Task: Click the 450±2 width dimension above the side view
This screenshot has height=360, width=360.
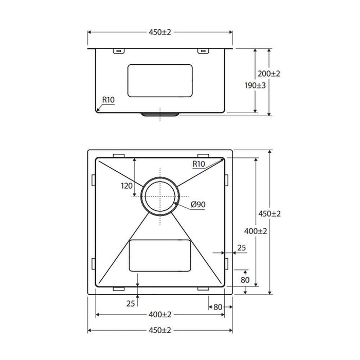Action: (x=159, y=32)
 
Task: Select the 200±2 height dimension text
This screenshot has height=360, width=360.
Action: (x=269, y=74)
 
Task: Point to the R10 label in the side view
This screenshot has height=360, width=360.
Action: (x=107, y=99)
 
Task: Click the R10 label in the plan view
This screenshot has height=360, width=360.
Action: (x=199, y=164)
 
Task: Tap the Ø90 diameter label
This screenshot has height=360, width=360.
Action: (x=198, y=205)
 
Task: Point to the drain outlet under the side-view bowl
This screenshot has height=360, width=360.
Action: (x=160, y=114)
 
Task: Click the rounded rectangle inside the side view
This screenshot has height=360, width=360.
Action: (x=160, y=81)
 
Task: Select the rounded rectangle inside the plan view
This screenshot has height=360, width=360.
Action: (x=160, y=256)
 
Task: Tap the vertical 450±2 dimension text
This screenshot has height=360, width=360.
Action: (x=269, y=213)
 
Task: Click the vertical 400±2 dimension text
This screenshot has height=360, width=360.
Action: (x=256, y=231)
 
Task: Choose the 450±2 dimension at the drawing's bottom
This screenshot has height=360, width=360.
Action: (x=159, y=330)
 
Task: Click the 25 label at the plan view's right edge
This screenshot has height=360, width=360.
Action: (x=241, y=249)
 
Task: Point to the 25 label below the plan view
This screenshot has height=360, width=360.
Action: (x=130, y=303)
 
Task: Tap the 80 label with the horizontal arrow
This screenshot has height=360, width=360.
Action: (x=217, y=307)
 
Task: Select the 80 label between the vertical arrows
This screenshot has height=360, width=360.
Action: (x=245, y=280)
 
